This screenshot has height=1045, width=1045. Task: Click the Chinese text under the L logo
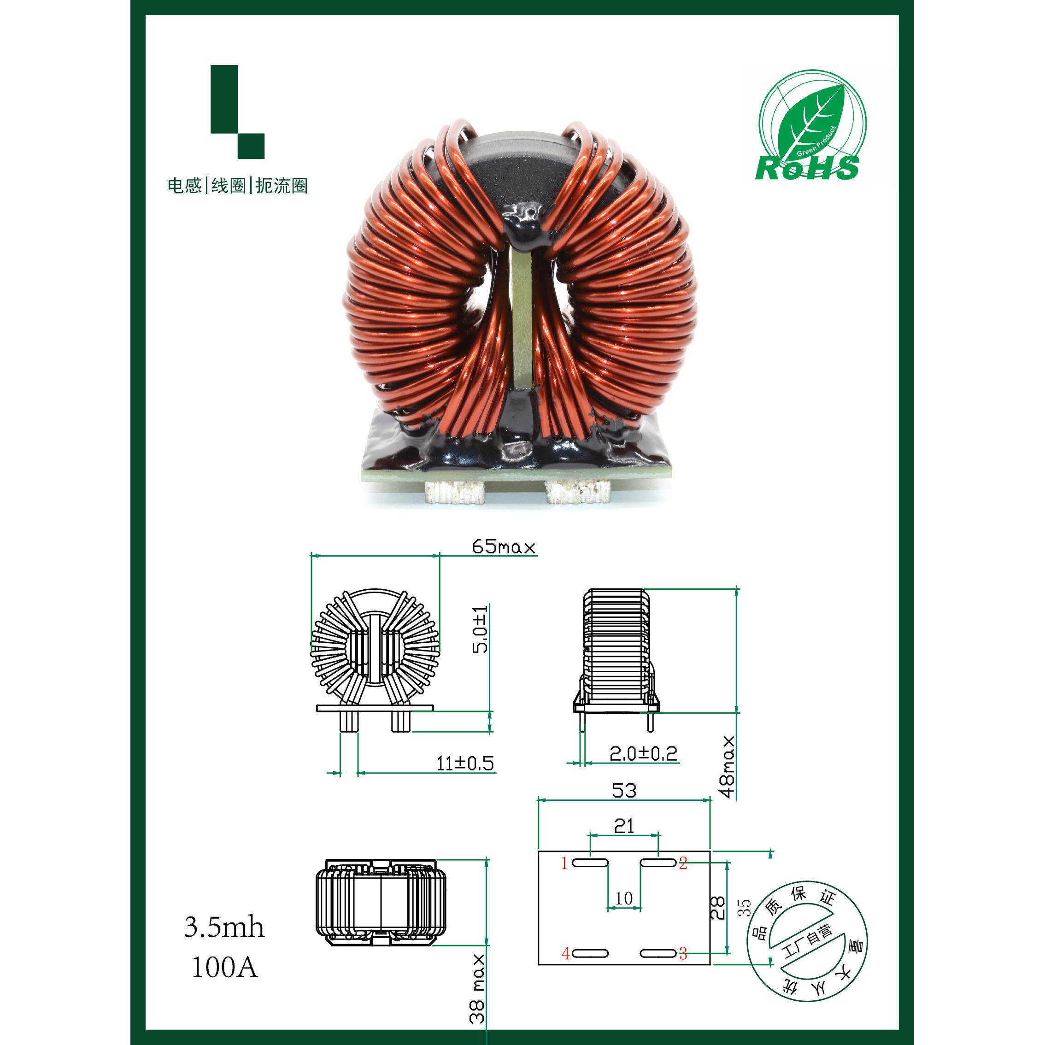point(237,186)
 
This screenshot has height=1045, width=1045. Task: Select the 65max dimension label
point(504,547)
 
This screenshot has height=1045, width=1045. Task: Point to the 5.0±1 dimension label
point(480,629)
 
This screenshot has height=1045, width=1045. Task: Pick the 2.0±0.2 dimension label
point(643,753)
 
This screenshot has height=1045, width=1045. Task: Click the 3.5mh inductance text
point(224,927)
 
